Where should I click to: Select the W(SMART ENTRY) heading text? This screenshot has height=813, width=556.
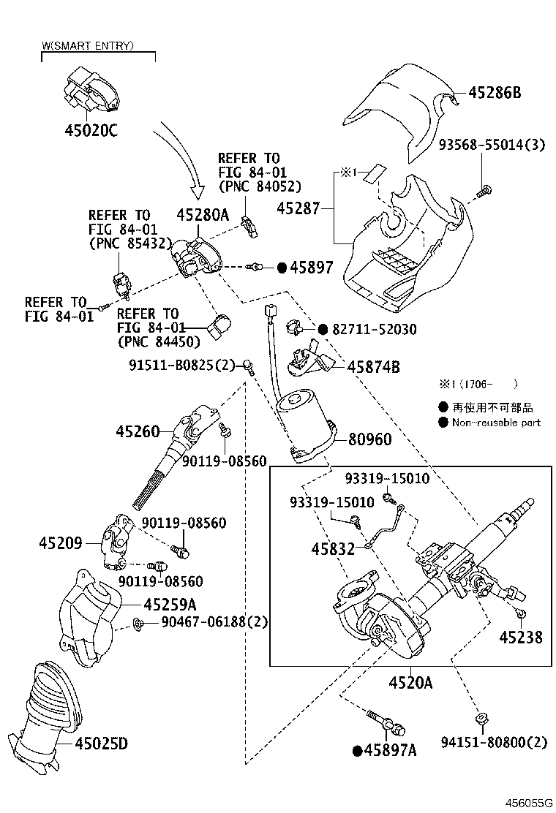(87, 46)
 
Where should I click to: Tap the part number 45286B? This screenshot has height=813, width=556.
(495, 93)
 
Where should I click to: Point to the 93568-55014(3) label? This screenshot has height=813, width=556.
(492, 145)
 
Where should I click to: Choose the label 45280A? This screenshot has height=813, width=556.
(203, 215)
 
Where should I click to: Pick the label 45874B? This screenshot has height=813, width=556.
(373, 368)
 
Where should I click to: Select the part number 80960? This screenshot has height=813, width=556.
(369, 439)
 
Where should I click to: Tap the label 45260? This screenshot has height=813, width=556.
(137, 431)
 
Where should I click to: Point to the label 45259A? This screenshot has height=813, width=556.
(170, 605)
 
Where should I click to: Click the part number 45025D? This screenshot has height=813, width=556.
(101, 744)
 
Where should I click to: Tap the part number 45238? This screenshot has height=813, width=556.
(521, 637)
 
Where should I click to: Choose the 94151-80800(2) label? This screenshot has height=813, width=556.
(494, 744)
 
